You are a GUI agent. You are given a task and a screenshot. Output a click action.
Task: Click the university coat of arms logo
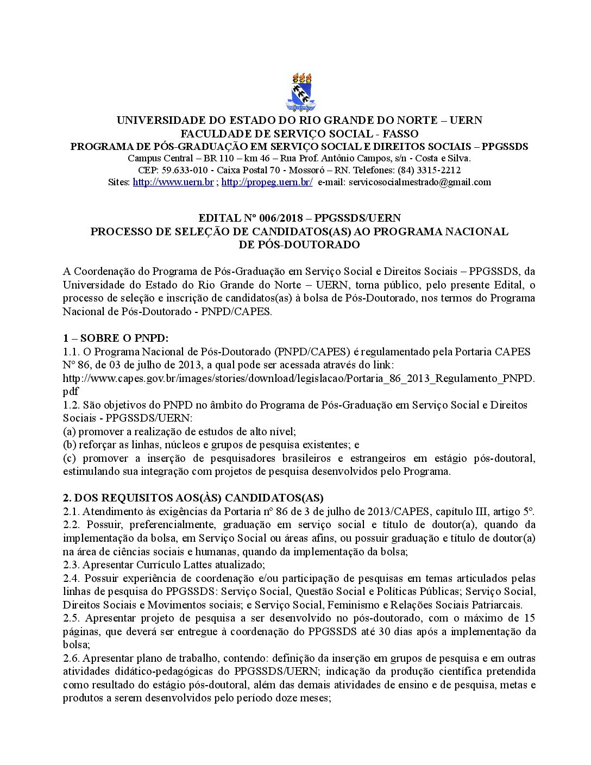[300, 92]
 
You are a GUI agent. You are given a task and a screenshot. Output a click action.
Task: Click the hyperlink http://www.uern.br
[173, 183]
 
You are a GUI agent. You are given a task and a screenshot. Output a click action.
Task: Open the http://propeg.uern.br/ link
[267, 183]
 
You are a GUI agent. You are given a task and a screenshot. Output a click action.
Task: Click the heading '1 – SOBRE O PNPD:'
[116, 338]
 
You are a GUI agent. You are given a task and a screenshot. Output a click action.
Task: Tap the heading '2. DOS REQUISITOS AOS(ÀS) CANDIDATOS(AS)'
[193, 498]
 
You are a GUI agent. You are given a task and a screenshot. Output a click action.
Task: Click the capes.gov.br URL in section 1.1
[298, 378]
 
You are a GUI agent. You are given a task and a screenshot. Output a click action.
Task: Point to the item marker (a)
[69, 431]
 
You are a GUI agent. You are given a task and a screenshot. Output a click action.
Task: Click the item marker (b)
[69, 445]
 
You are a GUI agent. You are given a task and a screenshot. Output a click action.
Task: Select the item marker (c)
[69, 458]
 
